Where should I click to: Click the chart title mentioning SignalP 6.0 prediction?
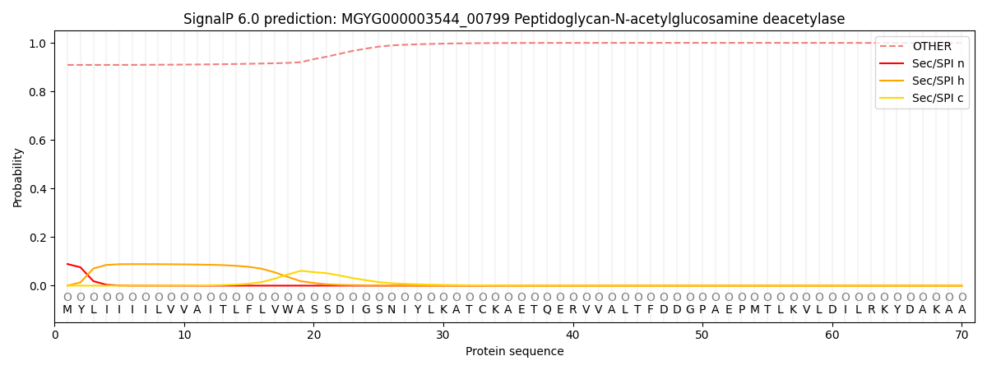[514, 19]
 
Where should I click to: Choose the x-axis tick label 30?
[443, 335]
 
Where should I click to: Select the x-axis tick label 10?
[184, 335]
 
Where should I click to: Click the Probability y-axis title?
[18, 178]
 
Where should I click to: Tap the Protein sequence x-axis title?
[514, 352]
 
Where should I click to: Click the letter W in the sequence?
[288, 310]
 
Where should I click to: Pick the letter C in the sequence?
[482, 310]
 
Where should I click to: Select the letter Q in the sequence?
[547, 310]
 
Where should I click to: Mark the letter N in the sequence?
[392, 310]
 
